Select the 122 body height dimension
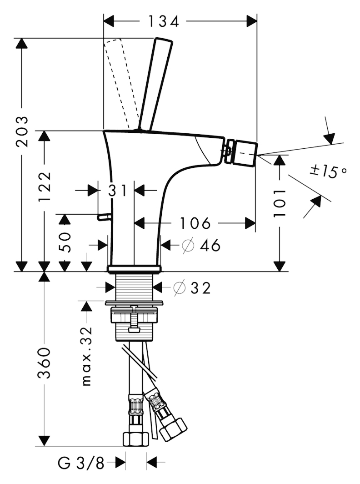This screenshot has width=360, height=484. point(45,187)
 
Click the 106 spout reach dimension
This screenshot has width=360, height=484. point(195,223)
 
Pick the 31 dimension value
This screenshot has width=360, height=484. point(117,191)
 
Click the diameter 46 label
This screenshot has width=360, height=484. point(200,246)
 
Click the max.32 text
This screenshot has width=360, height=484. point(86,356)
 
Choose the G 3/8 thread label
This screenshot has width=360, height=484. point(81,464)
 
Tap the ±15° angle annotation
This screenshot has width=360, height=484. point(328,171)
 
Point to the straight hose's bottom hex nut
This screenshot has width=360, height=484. point(135,439)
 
